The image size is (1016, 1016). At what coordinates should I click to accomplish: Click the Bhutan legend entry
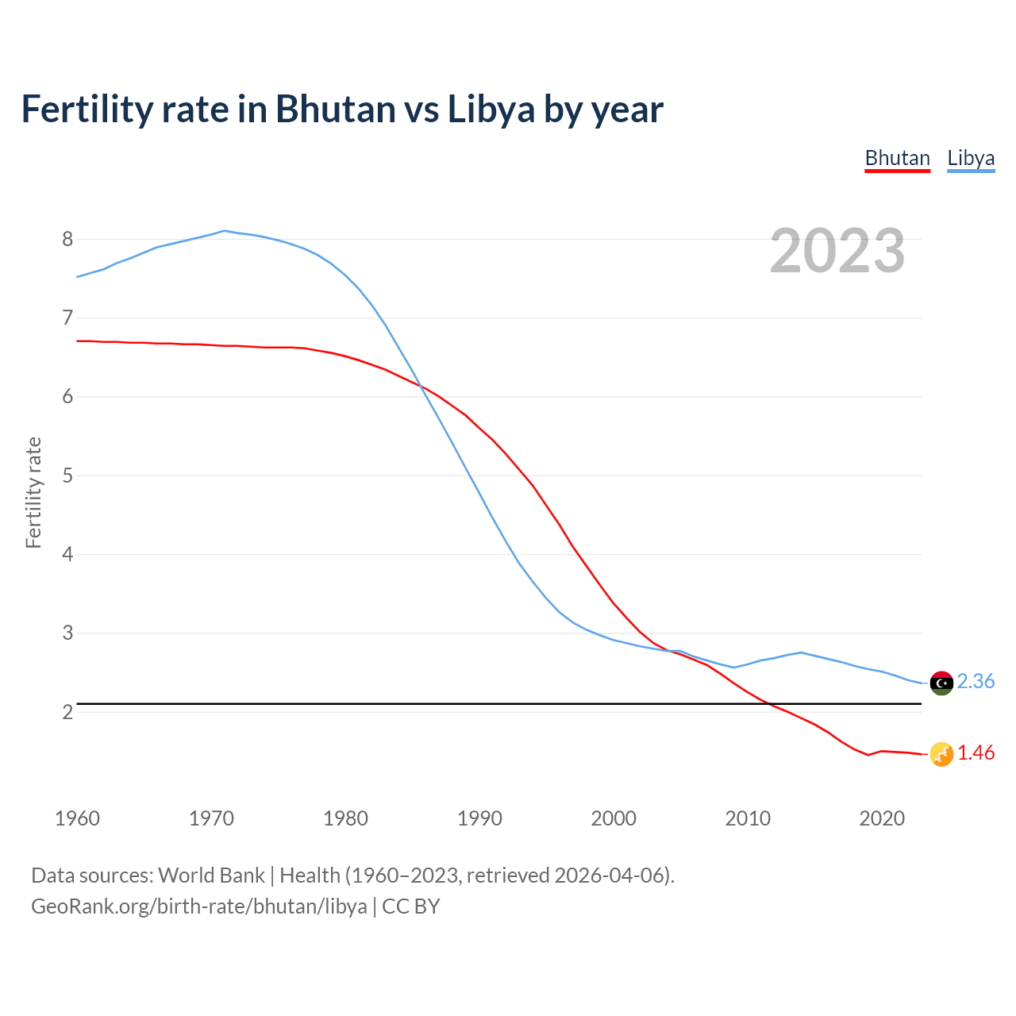coord(897,158)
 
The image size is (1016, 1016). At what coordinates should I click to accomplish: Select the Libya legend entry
coord(971,158)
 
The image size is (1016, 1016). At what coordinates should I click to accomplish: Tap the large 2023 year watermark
coord(837,251)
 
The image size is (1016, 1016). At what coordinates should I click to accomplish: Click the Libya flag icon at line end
coord(941,683)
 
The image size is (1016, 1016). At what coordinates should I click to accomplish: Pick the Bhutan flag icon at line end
coord(941,754)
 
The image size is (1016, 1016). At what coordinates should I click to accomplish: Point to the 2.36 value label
coord(976,681)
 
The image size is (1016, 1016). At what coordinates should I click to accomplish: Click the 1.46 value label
coord(976,752)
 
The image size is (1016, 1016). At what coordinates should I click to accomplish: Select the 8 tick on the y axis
coord(67,239)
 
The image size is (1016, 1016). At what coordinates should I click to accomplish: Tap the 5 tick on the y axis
coord(67,475)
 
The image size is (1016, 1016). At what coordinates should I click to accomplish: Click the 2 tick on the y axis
coord(67,712)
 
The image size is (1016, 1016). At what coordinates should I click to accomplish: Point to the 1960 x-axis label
coord(77,818)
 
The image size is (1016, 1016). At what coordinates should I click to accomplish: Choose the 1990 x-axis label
coord(479,818)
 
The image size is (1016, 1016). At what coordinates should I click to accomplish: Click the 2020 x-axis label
coord(882,818)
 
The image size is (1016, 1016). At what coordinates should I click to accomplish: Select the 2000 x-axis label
coord(614,818)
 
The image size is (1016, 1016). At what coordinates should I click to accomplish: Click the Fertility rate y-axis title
coord(33,492)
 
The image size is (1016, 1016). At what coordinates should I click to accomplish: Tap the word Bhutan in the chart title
coord(335,109)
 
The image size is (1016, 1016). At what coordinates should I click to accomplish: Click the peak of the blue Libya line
coord(225,231)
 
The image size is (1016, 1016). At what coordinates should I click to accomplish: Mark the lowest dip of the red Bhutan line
coord(868,755)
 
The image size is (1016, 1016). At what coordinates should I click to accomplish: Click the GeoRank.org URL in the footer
coord(198,906)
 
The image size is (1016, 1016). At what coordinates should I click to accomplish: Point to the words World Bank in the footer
coord(211,876)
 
